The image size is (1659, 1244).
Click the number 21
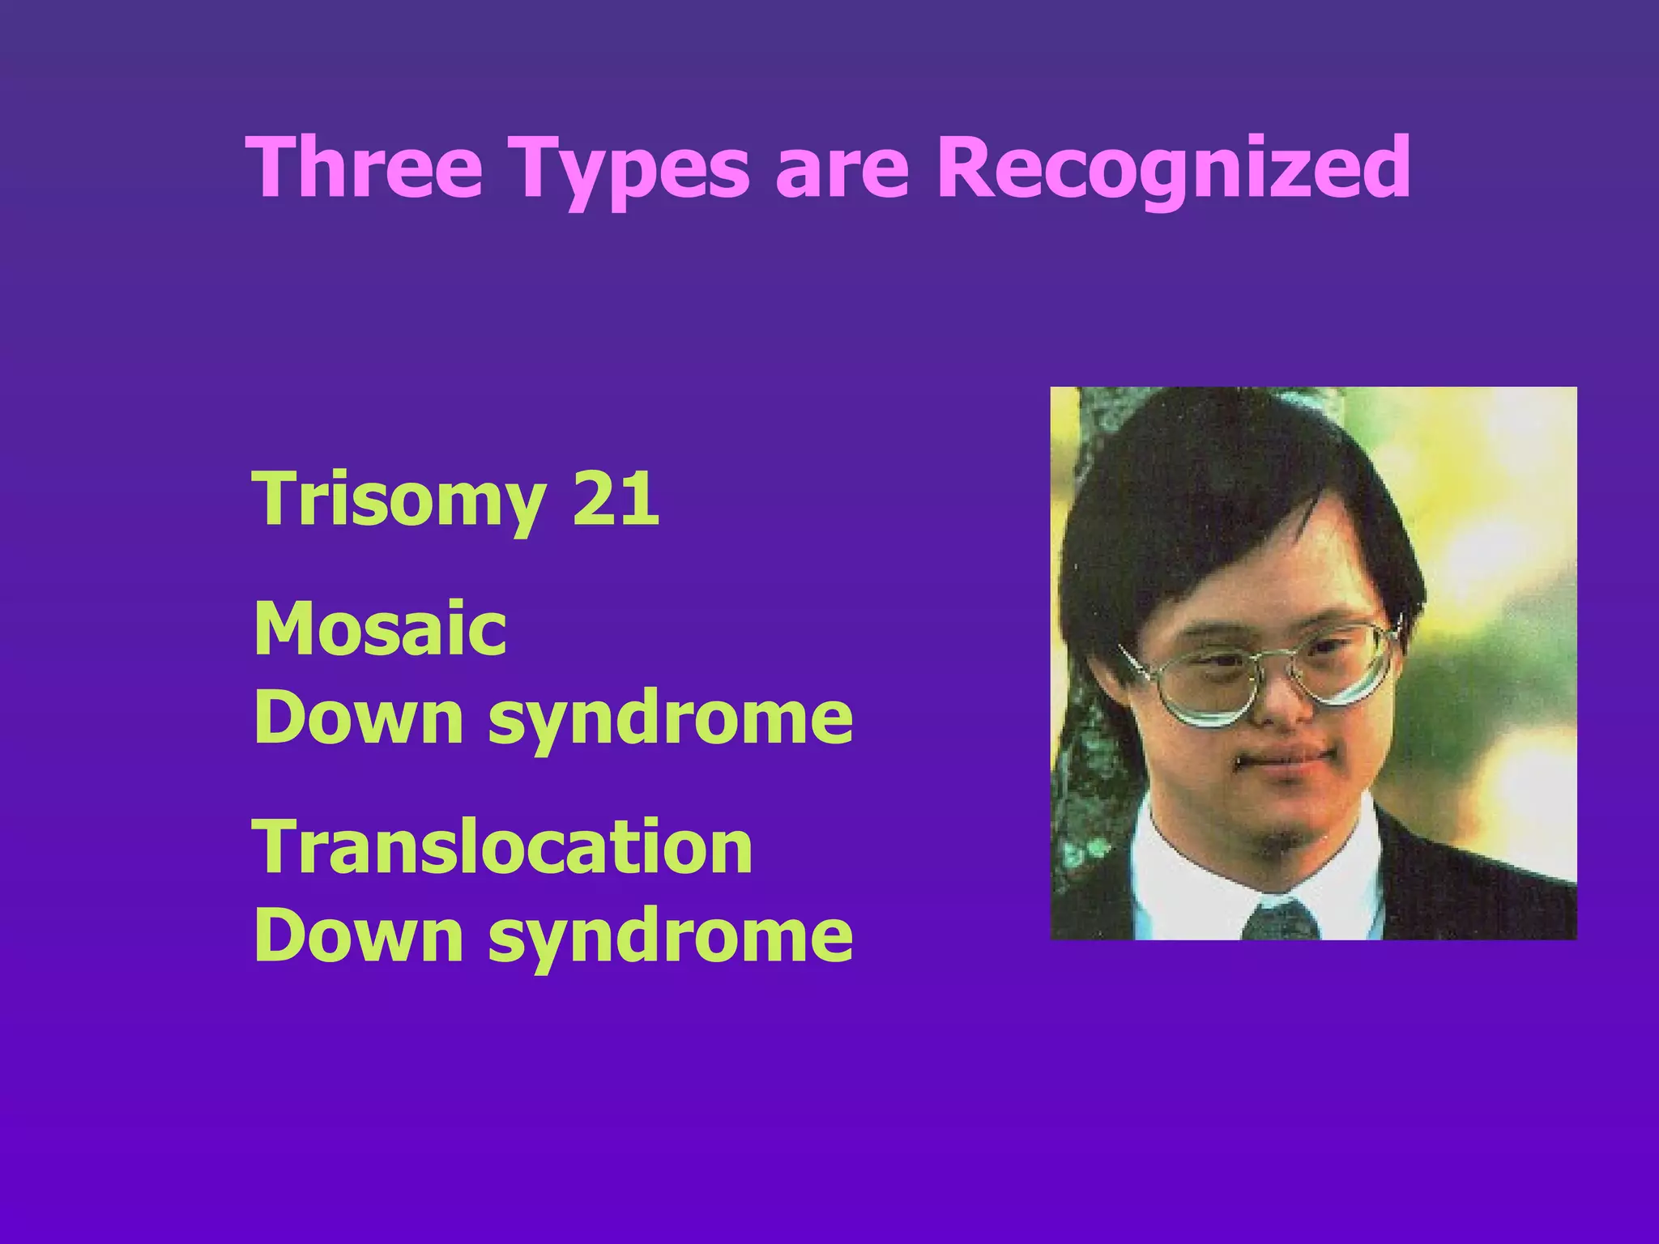click(x=616, y=498)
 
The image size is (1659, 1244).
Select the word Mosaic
click(x=380, y=628)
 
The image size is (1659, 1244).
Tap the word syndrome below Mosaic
click(x=670, y=719)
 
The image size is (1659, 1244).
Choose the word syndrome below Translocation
click(x=670, y=937)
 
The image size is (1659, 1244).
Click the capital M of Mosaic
click(x=283, y=628)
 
